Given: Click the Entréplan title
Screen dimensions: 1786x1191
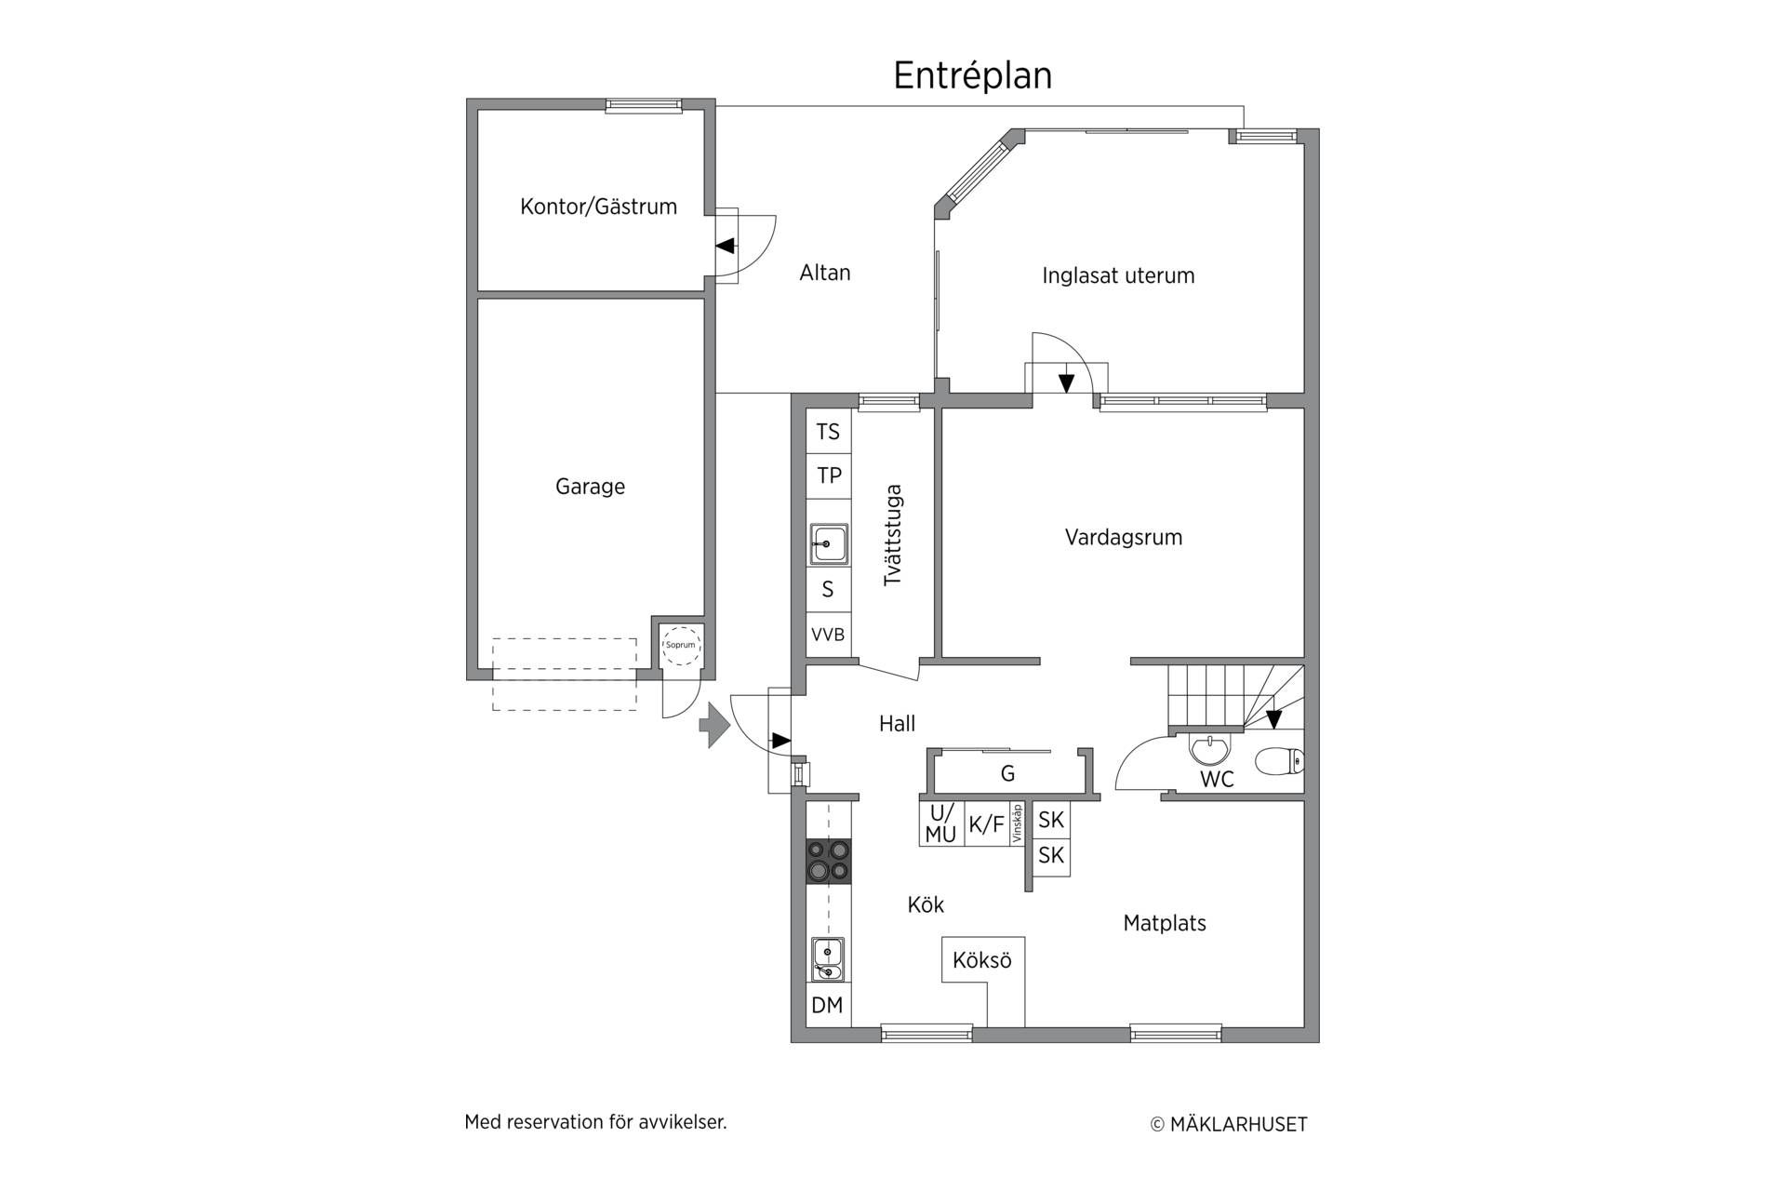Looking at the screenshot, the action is click(972, 75).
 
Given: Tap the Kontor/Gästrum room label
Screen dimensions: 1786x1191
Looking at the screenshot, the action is click(598, 207).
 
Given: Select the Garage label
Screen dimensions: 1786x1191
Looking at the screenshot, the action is click(590, 487).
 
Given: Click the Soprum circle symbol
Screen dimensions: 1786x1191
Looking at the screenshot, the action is click(681, 645).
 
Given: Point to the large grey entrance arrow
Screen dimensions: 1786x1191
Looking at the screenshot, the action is click(714, 725).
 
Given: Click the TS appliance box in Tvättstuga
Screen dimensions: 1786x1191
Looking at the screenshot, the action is click(828, 432).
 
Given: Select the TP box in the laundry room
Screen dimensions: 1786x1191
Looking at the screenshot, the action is click(828, 475).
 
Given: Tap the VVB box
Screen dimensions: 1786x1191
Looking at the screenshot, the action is click(828, 635).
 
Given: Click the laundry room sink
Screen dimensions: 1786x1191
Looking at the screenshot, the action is click(828, 543).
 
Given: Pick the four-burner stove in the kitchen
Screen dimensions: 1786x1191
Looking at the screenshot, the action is click(828, 860).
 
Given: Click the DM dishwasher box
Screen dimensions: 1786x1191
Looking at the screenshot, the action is click(827, 1005).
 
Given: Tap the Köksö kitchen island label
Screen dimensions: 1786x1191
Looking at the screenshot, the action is click(982, 959).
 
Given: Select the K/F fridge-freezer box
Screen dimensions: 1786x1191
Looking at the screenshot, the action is click(987, 823).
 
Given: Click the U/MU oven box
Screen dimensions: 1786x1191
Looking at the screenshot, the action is click(940, 823).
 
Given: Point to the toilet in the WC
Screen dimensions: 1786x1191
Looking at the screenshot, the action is click(1280, 762).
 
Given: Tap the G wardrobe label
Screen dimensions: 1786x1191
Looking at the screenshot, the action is click(1007, 773).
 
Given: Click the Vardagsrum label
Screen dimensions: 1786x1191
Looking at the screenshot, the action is click(1124, 537).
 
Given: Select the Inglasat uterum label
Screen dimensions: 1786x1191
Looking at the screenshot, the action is click(1118, 275).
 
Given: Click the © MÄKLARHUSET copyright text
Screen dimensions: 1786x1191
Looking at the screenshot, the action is click(1229, 1124).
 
